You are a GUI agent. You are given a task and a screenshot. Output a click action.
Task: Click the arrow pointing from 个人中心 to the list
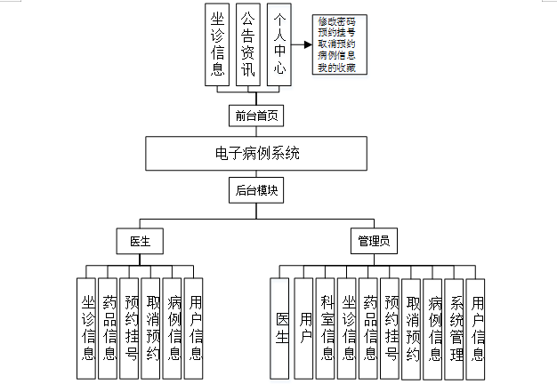click(x=302, y=41)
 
